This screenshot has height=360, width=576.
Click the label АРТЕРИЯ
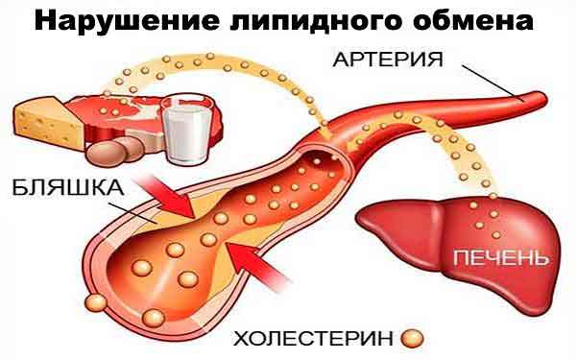click(388, 60)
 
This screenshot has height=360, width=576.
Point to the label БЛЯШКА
click(68, 188)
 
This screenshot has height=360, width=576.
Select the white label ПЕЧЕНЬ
click(501, 257)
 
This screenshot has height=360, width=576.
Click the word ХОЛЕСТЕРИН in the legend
click(313, 339)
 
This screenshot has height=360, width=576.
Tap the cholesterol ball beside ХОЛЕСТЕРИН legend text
click(412, 338)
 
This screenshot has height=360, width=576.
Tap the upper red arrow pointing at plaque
click(167, 196)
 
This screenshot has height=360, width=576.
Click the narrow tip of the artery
click(543, 97)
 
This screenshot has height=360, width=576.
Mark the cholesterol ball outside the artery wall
click(96, 302)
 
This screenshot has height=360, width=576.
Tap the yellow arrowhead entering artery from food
click(324, 134)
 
